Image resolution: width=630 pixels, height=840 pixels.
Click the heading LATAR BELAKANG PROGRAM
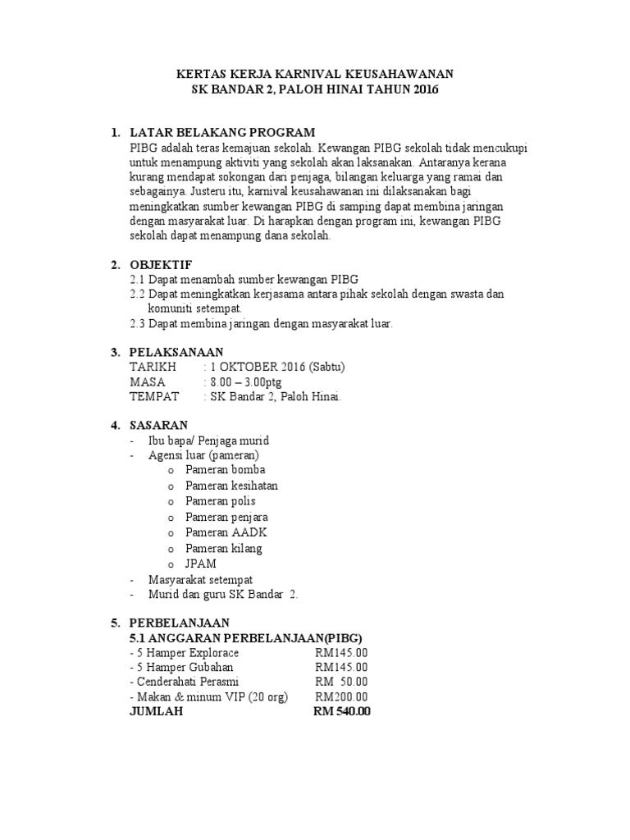tap(222, 132)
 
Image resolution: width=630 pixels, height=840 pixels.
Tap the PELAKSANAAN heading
tap(177, 352)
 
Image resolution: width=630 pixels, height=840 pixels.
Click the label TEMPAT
tap(154, 397)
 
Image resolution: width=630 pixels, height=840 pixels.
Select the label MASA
tap(148, 381)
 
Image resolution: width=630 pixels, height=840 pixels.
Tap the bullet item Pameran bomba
tap(220, 470)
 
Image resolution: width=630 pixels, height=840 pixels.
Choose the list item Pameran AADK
tap(218, 532)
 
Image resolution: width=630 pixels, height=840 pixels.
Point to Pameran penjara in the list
tap(226, 517)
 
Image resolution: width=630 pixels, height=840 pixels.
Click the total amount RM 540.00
tap(342, 712)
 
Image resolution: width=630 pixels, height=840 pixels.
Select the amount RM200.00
tap(341, 696)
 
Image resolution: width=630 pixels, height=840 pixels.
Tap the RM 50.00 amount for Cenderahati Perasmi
tap(341, 681)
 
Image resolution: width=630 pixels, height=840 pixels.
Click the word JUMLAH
tap(157, 712)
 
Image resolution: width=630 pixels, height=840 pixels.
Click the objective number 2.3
tap(137, 324)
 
